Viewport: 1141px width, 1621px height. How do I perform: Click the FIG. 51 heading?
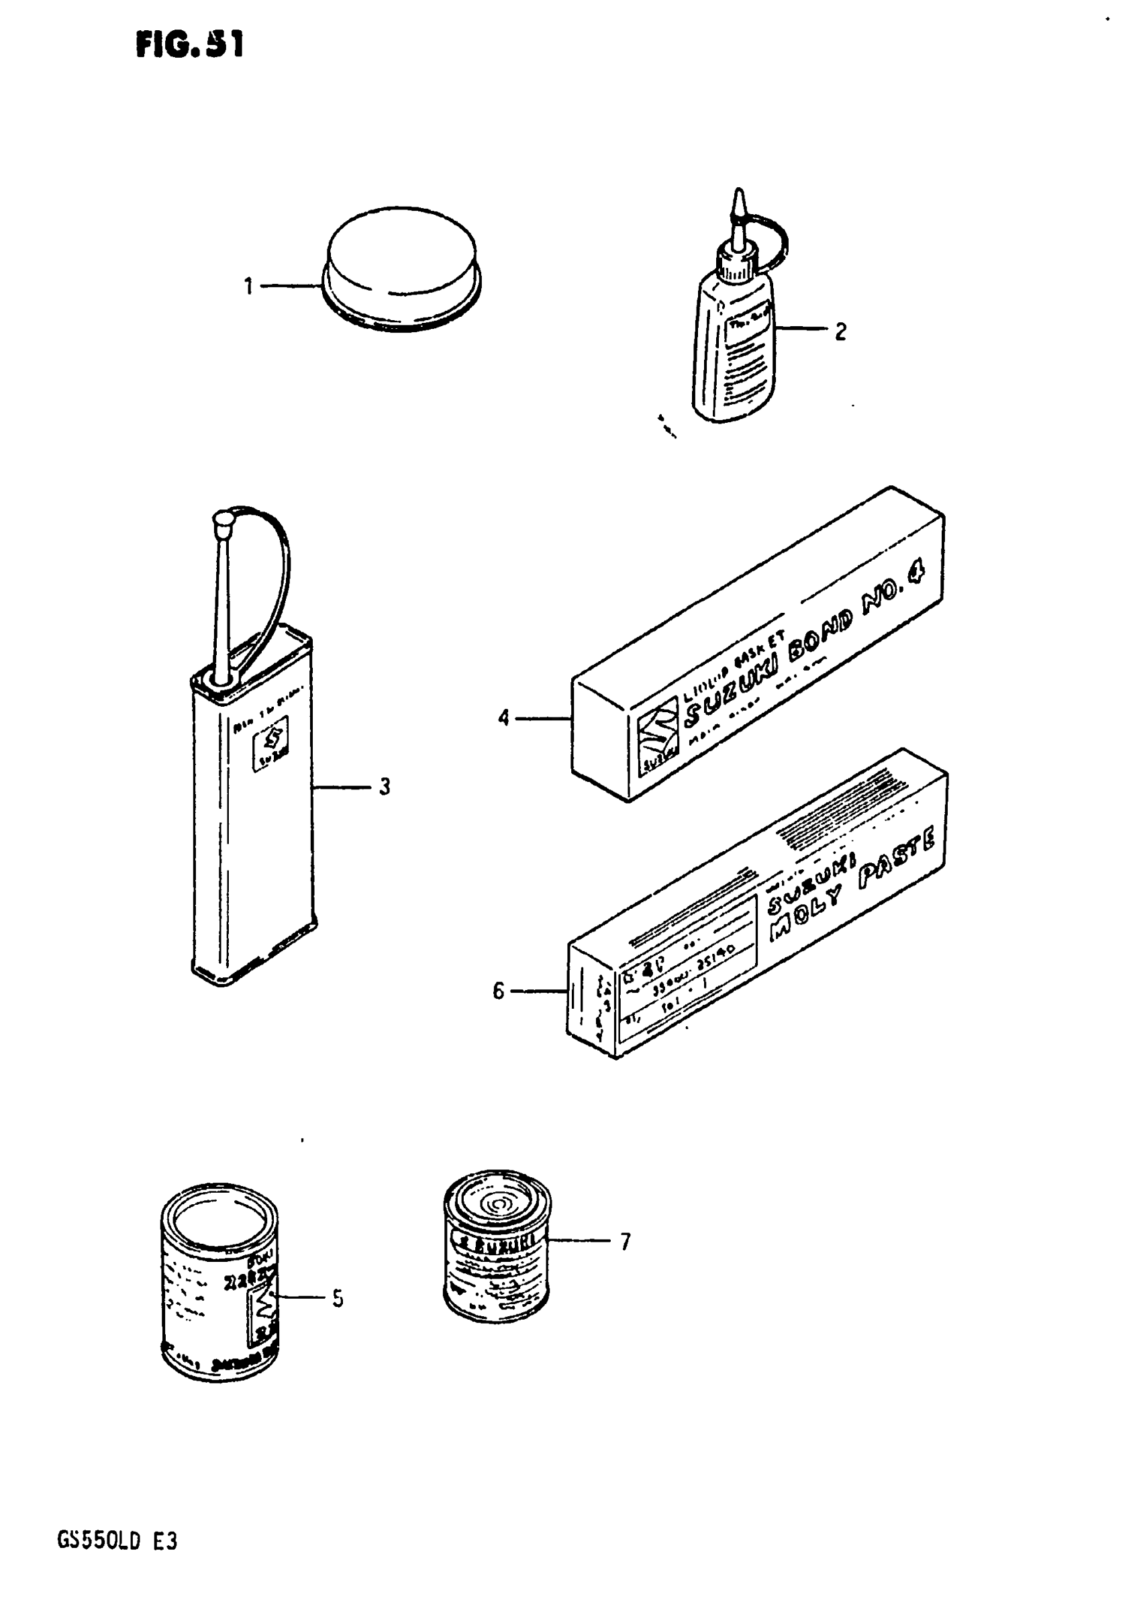tap(189, 46)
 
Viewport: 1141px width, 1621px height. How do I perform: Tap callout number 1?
tap(248, 287)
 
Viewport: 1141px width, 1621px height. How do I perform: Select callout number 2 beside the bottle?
tap(840, 331)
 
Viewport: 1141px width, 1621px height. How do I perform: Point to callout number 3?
tap(384, 787)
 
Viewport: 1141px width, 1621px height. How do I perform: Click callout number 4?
tap(503, 719)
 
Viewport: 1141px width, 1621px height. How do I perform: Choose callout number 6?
tap(499, 991)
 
